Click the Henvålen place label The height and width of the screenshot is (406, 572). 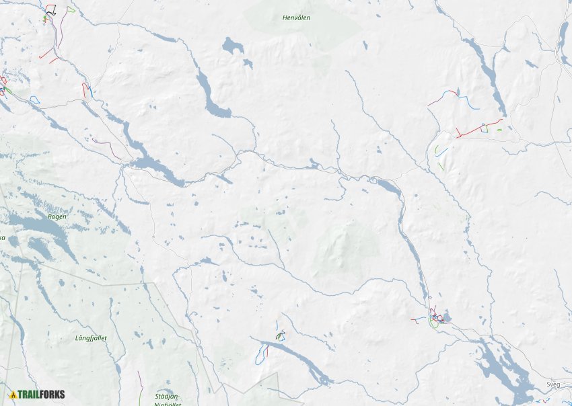coord(296,17)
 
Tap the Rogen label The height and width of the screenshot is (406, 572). coord(57,216)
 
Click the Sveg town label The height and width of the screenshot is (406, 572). coord(552,384)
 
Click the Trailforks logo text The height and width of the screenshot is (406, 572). coord(41,395)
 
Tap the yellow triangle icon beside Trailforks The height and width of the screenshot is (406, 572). coord(13,395)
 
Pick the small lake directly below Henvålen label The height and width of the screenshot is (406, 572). coord(232,46)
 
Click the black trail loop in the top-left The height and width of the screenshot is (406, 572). coord(51,10)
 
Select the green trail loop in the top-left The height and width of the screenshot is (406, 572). coord(70,9)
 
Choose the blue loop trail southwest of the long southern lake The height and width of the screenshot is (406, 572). coord(259,356)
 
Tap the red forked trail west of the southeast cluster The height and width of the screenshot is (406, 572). coord(417,321)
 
